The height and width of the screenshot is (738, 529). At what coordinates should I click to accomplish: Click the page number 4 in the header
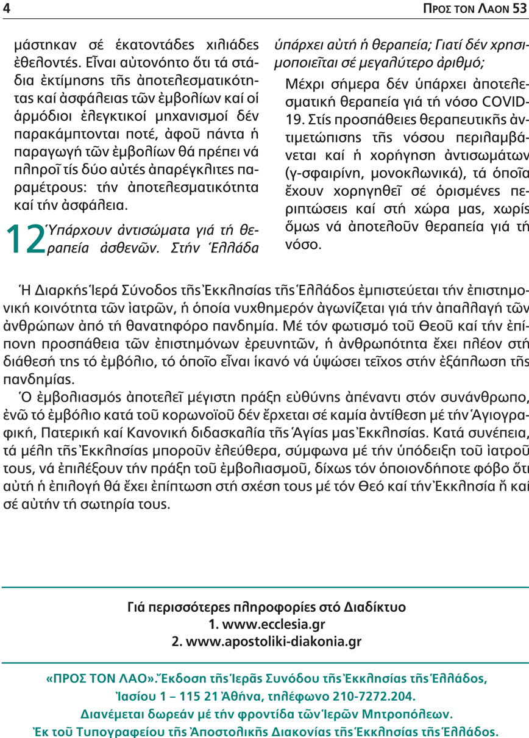coord(6,9)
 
